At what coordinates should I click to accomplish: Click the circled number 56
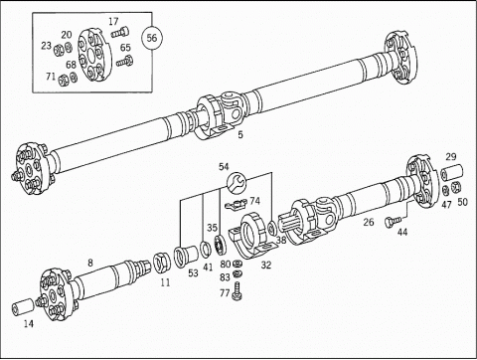152,38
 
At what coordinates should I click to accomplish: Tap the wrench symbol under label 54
237,183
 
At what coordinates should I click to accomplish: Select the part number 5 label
240,134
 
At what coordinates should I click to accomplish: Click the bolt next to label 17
120,33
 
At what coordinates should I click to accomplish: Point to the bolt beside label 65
125,62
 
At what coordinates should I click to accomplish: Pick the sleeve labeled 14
23,305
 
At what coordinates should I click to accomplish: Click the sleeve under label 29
451,172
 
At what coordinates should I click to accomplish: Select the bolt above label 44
393,221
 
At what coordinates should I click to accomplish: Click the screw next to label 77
238,291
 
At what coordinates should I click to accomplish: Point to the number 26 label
369,222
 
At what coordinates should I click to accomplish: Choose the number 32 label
266,265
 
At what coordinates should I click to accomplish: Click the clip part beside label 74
237,205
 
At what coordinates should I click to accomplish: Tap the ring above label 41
206,249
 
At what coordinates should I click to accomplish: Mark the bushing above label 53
185,257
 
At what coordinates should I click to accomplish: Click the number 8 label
90,263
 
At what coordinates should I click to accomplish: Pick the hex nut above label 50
456,187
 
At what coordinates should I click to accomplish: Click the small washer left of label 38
272,229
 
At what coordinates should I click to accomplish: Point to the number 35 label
213,228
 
